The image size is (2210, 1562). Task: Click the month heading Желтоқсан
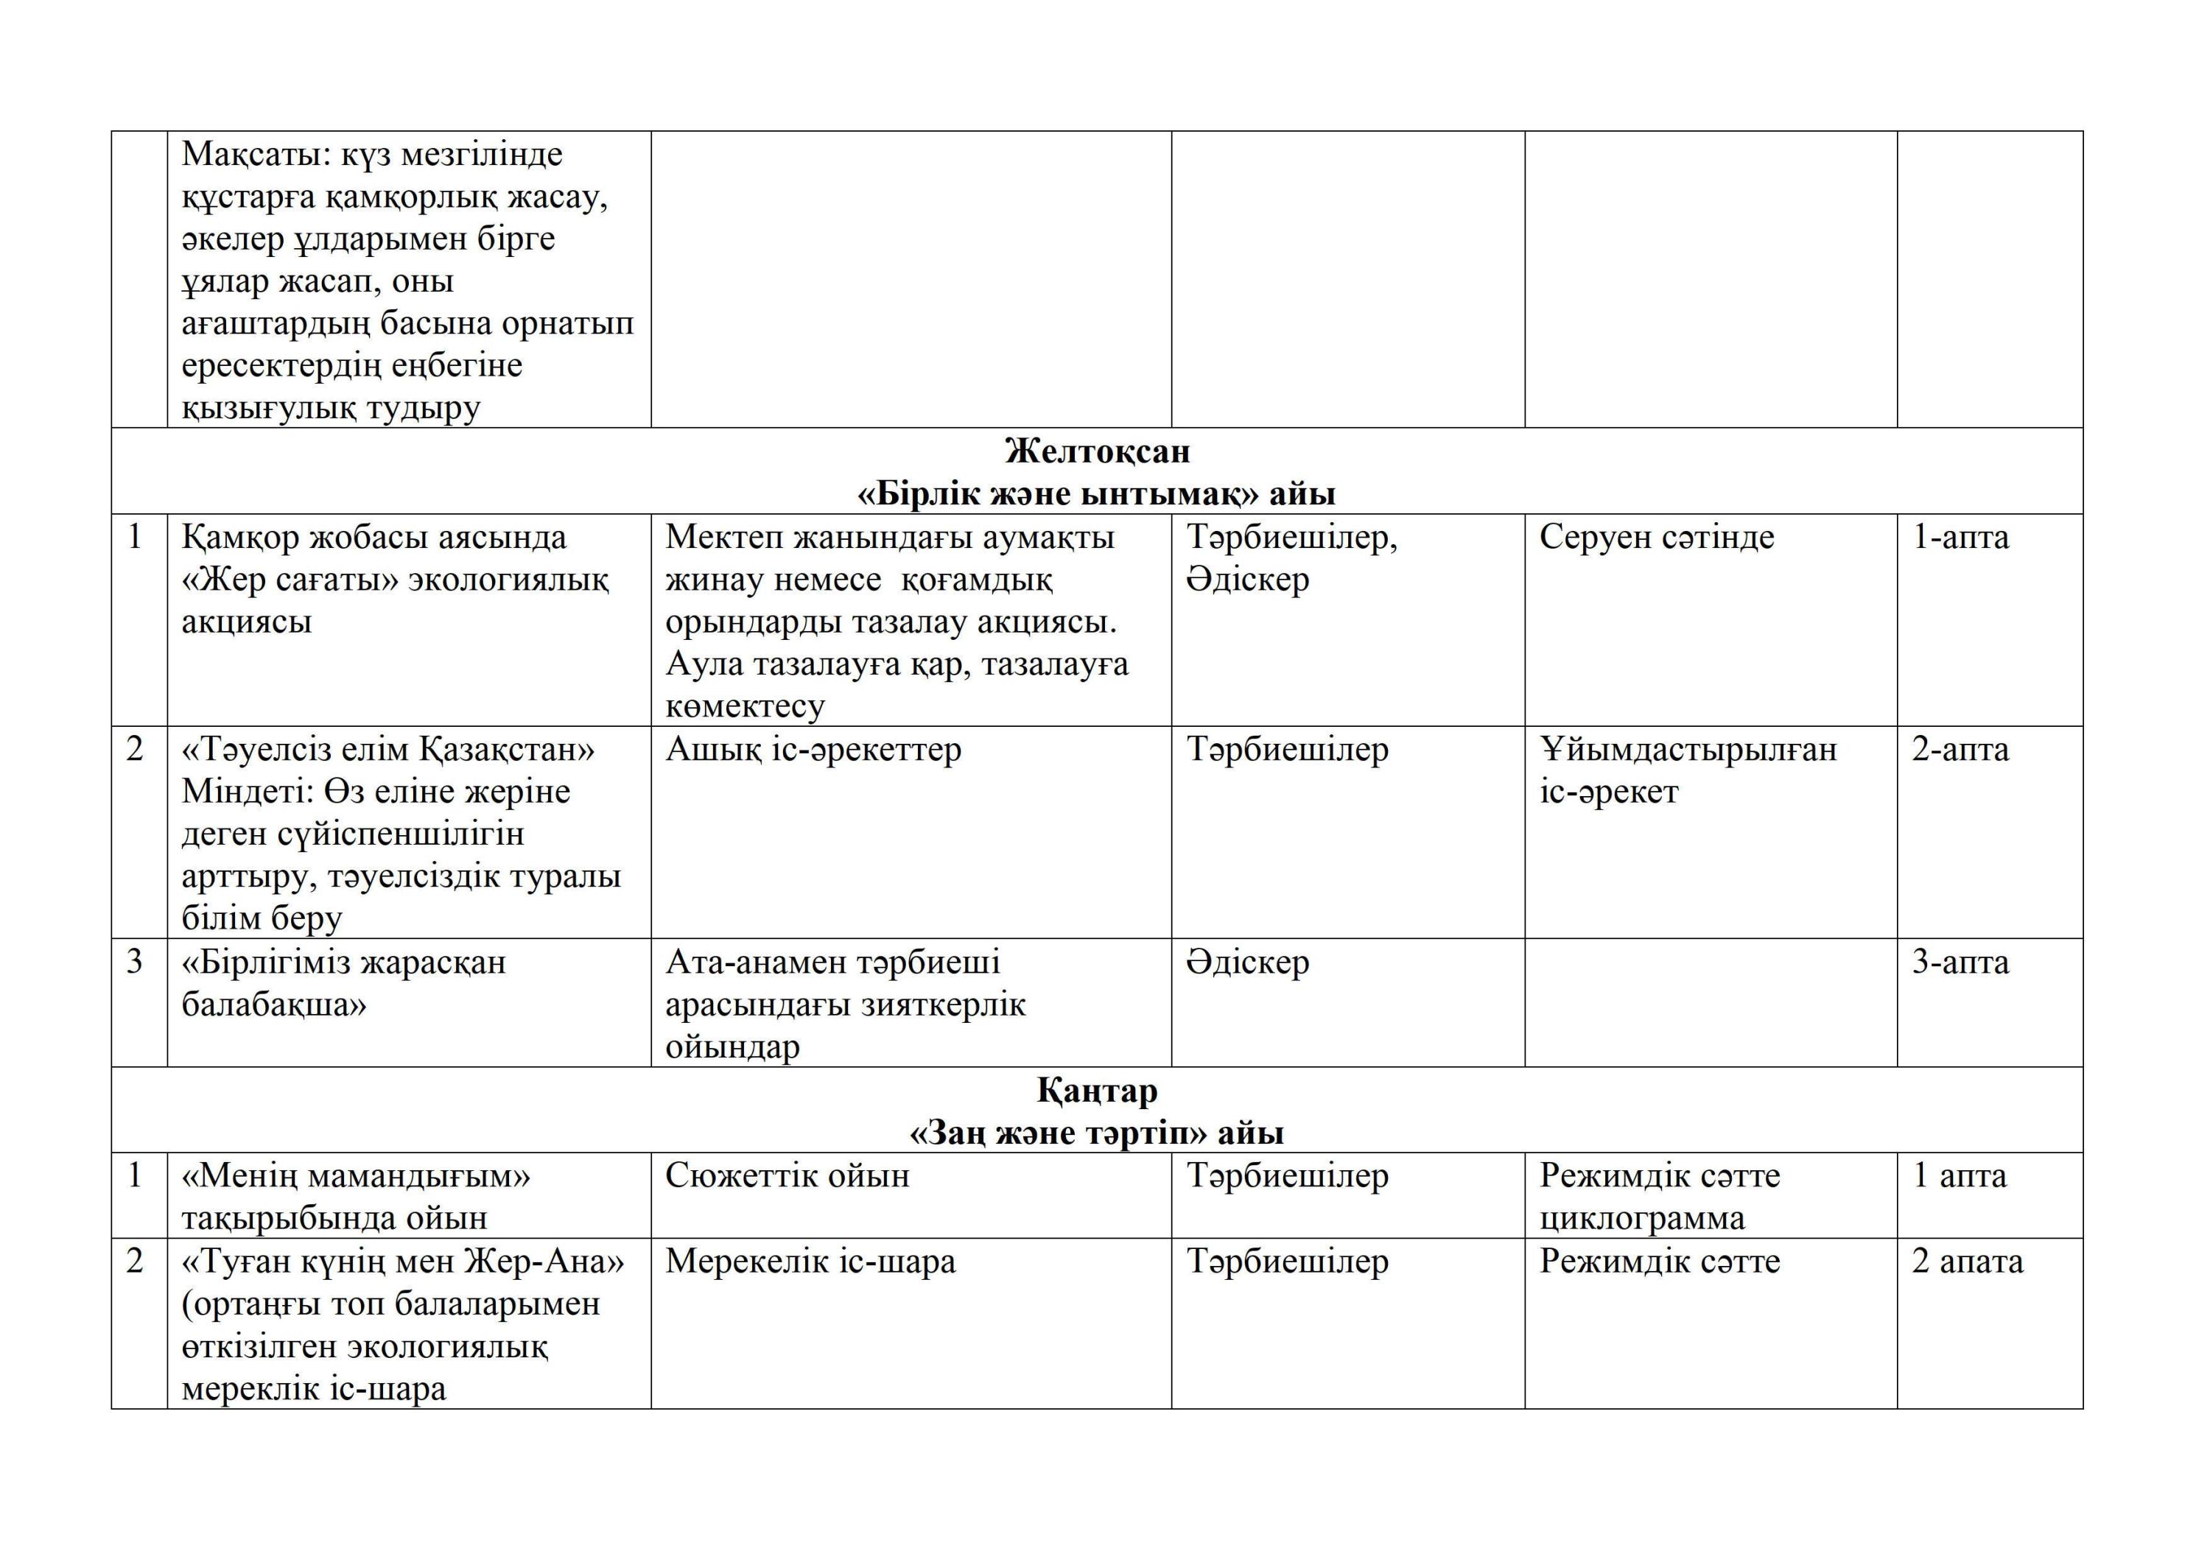(1098, 451)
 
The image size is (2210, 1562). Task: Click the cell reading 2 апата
(1966, 1262)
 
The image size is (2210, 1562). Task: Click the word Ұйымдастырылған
(1688, 750)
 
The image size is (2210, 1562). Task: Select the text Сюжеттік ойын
(787, 1176)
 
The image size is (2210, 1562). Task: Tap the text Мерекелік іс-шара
(810, 1262)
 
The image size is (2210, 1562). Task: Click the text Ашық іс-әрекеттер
(813, 750)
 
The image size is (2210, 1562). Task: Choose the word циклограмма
(1641, 1218)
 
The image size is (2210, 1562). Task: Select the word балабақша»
(273, 1005)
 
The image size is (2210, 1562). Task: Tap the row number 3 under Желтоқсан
(135, 963)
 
